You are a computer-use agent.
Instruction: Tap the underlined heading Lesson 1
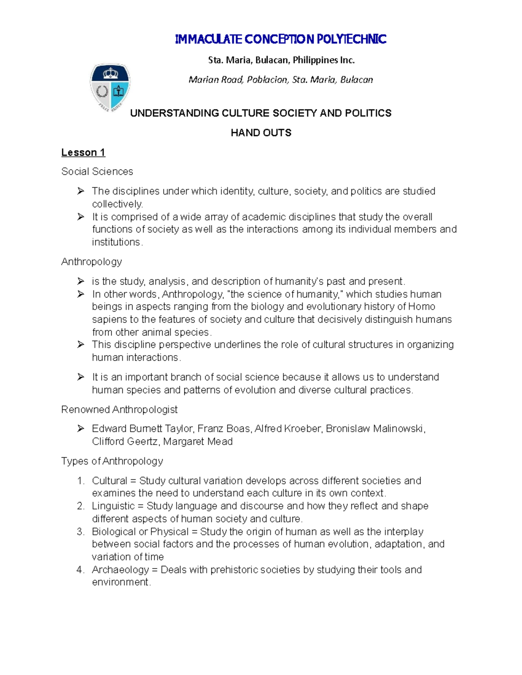(83, 153)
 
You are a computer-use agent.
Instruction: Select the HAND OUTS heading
(261, 133)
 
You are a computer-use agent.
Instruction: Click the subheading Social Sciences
(97, 172)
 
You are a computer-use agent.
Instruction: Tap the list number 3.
(80, 532)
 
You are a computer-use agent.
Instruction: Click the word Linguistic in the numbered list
(113, 506)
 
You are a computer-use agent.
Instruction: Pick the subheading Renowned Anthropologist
(119, 410)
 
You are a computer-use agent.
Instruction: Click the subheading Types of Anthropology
(112, 461)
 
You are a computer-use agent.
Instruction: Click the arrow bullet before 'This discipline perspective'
(80, 345)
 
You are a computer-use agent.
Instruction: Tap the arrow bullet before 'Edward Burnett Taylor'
(80, 429)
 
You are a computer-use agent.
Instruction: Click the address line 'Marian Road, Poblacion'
(281, 80)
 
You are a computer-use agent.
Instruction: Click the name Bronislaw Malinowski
(375, 429)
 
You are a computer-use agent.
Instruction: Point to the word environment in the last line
(120, 582)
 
